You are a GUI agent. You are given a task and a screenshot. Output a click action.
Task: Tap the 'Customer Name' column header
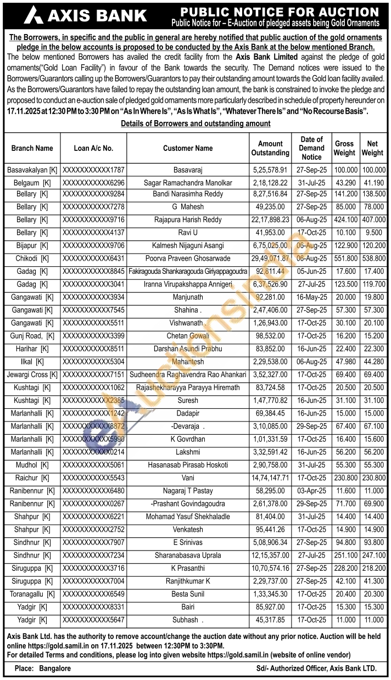pos(188,148)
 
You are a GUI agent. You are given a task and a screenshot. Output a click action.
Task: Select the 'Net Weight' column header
pos(372,148)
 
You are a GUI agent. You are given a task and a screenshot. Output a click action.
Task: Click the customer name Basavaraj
pos(188,170)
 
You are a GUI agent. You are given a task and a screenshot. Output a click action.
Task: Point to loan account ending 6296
pos(94,183)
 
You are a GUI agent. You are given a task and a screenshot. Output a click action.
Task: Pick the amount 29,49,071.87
pos(270,258)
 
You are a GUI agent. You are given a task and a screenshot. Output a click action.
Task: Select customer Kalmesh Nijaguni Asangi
pos(188,245)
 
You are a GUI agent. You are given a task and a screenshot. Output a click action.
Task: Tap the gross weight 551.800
pos(344,258)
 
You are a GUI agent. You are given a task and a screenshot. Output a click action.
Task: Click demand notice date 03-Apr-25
pos(311,491)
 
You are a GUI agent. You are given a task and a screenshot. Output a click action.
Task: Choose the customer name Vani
pos(188,478)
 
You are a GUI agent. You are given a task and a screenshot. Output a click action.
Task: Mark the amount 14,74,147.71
pos(270,478)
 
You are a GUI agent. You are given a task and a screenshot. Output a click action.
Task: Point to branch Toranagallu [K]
pos(32,594)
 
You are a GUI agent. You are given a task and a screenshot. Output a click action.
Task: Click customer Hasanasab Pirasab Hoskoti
pos(188,465)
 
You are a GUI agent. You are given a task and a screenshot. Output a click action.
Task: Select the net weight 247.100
pos(372,555)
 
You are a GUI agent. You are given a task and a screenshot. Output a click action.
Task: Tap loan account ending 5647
pos(94,620)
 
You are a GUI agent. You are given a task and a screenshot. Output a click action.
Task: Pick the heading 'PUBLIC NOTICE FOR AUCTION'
pos(280,12)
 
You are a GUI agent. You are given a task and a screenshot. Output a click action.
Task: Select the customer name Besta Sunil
pos(188,594)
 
